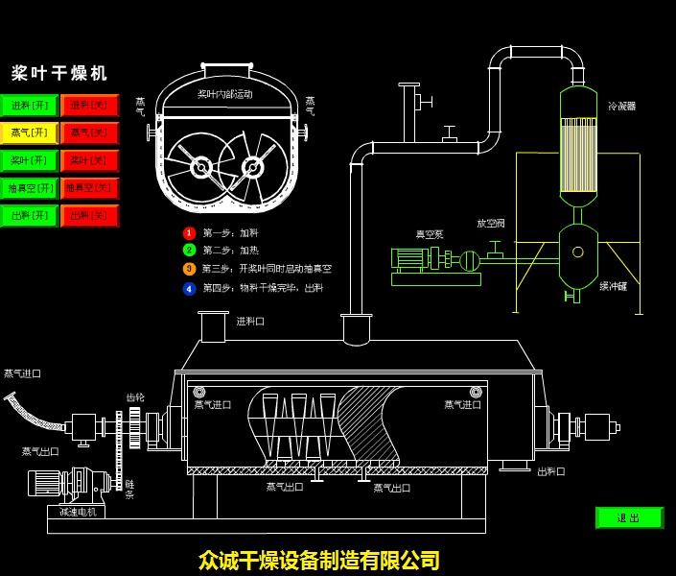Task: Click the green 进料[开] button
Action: pyautogui.click(x=29, y=106)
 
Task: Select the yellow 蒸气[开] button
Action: pyautogui.click(x=29, y=133)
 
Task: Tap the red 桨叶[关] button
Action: pyautogui.click(x=89, y=161)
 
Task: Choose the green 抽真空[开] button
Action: pyautogui.click(x=29, y=188)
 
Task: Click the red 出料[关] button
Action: pyautogui.click(x=89, y=216)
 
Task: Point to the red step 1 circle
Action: pyautogui.click(x=190, y=233)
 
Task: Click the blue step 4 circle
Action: pyautogui.click(x=190, y=288)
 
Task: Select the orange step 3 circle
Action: pyautogui.click(x=190, y=270)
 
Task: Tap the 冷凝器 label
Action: pyautogui.click(x=621, y=107)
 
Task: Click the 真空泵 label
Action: pyautogui.click(x=430, y=234)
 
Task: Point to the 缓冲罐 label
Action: pyautogui.click(x=613, y=286)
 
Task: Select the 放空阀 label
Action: pyautogui.click(x=491, y=224)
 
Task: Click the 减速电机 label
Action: pyautogui.click(x=78, y=512)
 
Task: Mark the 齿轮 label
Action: pyautogui.click(x=135, y=397)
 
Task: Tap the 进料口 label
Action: pyautogui.click(x=250, y=322)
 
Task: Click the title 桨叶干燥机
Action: pyautogui.click(x=59, y=74)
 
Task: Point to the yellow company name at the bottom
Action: pyautogui.click(x=319, y=560)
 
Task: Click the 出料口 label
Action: pyautogui.click(x=550, y=471)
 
